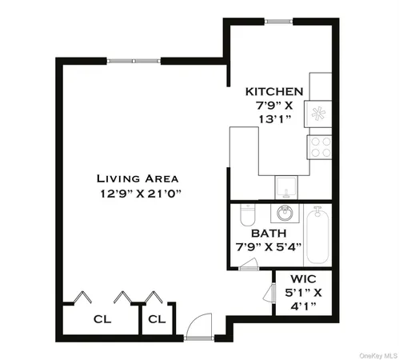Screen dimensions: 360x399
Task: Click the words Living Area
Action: (x=138, y=178)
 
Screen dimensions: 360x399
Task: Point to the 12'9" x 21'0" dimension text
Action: (x=138, y=194)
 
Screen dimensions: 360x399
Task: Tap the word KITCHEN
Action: (x=274, y=92)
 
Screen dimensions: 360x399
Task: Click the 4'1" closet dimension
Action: (x=305, y=306)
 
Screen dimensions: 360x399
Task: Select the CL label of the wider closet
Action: (x=102, y=319)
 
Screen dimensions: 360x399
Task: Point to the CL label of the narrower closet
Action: (x=157, y=319)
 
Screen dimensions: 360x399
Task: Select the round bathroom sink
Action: (x=285, y=214)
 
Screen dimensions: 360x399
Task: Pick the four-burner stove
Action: (x=320, y=146)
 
